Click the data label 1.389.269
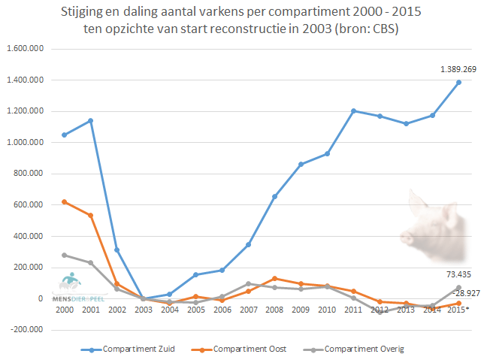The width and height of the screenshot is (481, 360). pyautogui.click(x=458, y=69)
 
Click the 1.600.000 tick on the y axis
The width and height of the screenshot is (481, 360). pyautogui.click(x=24, y=49)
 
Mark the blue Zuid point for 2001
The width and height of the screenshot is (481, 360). pyautogui.click(x=90, y=120)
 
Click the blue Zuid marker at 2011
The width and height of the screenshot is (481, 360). pyautogui.click(x=352, y=110)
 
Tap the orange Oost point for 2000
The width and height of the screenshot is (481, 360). pyautogui.click(x=65, y=202)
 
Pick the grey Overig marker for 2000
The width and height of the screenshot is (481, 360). pyautogui.click(x=65, y=255)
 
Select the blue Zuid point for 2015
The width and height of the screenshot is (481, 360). pyautogui.click(x=458, y=82)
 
